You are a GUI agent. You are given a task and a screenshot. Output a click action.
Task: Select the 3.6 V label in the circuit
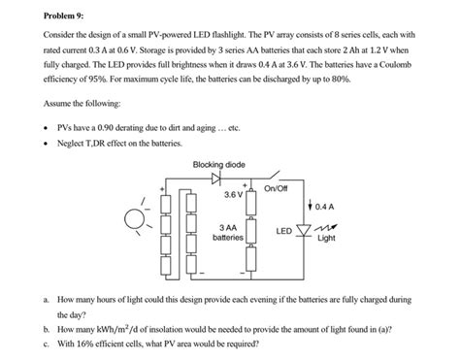[x=233, y=194]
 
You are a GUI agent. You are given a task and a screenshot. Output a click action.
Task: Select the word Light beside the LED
[x=326, y=238]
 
